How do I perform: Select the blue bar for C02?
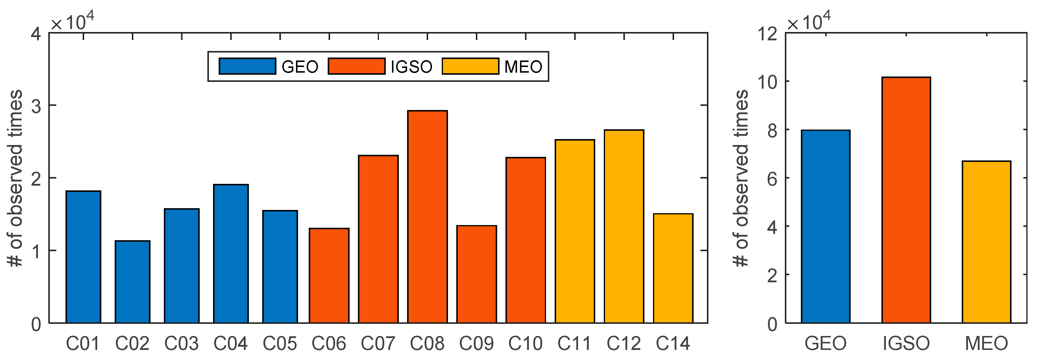tap(132, 282)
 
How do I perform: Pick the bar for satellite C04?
tap(231, 254)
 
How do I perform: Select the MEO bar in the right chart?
tap(987, 242)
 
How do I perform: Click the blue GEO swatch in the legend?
tap(247, 66)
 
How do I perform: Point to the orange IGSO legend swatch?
tap(356, 66)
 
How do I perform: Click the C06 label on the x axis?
tap(329, 343)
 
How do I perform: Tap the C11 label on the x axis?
tap(574, 343)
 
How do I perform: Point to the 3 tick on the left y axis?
tap(36, 106)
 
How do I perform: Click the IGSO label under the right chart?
tap(906, 343)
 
